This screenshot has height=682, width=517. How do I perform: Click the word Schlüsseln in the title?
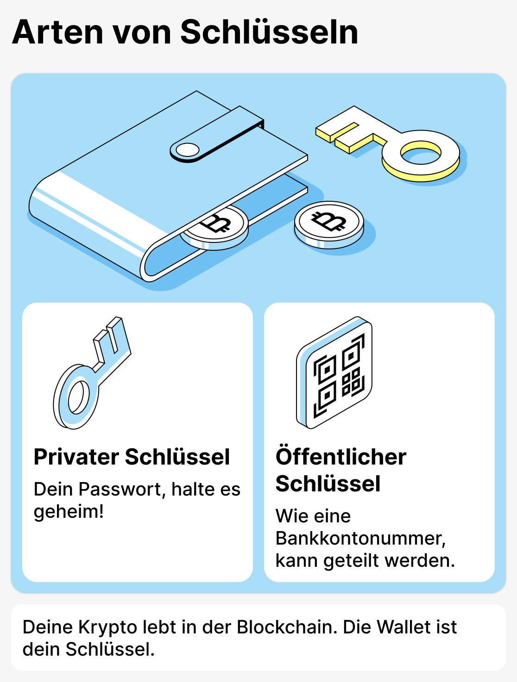pos(269,32)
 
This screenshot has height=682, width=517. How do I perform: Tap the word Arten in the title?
pos(57,32)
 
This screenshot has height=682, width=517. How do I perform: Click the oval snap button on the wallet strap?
pos(188,150)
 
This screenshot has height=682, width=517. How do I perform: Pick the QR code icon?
pos(334,372)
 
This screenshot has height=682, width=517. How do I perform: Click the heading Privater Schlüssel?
pos(132,457)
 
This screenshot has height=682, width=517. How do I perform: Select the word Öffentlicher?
pos(340,457)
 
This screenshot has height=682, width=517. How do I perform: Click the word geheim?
pos(69,511)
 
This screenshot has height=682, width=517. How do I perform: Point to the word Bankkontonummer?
pos(360,538)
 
